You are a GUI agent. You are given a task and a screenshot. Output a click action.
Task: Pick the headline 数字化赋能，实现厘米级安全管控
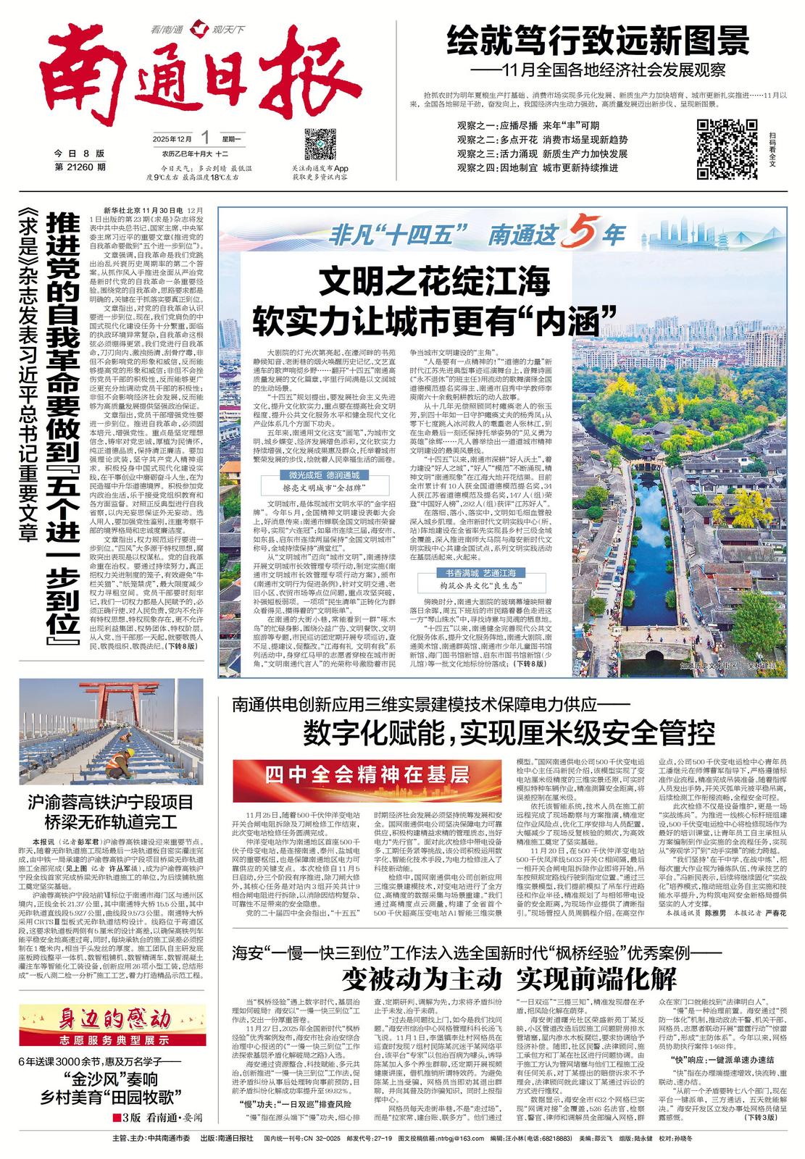tap(509, 733)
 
